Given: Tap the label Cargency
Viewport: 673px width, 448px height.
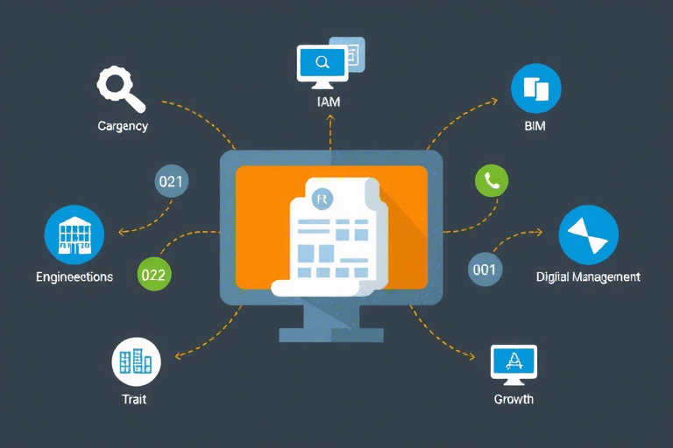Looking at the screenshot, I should click(x=123, y=126).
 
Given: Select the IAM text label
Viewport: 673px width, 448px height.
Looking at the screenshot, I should click(x=329, y=102).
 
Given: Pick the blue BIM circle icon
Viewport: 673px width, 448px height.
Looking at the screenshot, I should click(x=535, y=90).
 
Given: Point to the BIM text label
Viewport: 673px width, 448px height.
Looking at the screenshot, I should click(x=535, y=127).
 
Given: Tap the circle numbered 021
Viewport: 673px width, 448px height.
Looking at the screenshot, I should click(x=170, y=182).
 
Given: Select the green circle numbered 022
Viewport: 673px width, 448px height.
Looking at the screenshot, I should click(x=153, y=274).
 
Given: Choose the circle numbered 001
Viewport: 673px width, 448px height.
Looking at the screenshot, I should click(x=484, y=269).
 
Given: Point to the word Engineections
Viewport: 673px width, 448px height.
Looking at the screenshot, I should click(x=74, y=276).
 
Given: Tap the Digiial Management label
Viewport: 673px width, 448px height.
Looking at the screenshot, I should click(x=588, y=276).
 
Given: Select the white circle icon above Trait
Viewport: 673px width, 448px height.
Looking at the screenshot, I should click(x=135, y=362).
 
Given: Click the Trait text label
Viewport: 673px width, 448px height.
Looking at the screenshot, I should click(x=134, y=399).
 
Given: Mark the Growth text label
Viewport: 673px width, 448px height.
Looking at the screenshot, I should click(x=514, y=399).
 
